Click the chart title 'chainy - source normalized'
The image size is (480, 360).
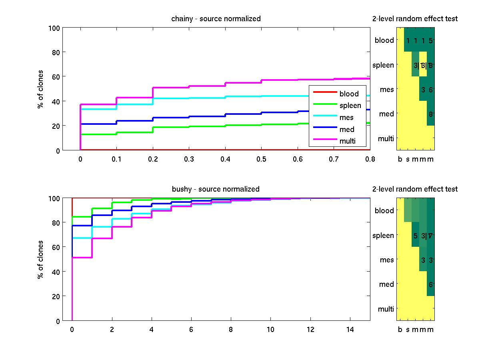(216, 19)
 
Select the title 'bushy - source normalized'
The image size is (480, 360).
(215, 189)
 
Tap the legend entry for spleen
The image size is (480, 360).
(350, 106)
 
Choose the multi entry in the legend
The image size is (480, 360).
(347, 141)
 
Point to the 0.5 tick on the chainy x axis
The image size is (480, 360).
(262, 159)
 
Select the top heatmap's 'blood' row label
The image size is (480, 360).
(384, 40)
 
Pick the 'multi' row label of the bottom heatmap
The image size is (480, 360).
(386, 309)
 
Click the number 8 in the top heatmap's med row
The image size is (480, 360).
(430, 114)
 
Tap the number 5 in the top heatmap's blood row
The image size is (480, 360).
(430, 40)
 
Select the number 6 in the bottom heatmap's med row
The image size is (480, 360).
(430, 285)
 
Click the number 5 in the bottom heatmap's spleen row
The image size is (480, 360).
(416, 236)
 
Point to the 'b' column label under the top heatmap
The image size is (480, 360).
(400, 160)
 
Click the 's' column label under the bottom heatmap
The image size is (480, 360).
(408, 330)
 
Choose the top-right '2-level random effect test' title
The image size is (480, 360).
(415, 19)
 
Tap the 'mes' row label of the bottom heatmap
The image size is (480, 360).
(387, 260)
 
